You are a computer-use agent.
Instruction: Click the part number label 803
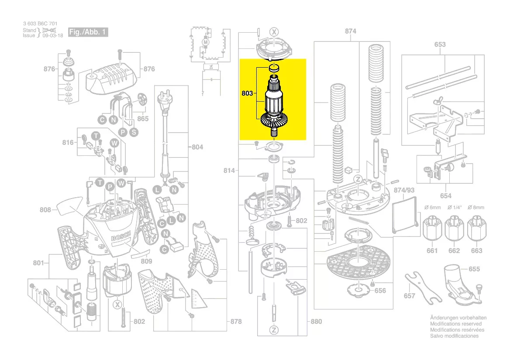[x=247, y=93]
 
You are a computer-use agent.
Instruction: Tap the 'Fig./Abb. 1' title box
[x=88, y=32]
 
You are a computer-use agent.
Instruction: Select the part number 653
[x=440, y=45]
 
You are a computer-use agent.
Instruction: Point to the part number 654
[x=445, y=196]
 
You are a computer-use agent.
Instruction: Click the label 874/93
[x=403, y=190]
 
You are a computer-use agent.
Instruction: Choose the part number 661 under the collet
[x=432, y=250]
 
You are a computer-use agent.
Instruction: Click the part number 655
[x=474, y=269]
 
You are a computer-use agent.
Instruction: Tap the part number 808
[x=45, y=210]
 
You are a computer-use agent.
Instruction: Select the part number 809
[x=146, y=261]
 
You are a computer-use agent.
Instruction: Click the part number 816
[x=68, y=142]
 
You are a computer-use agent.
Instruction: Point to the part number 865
[x=143, y=119]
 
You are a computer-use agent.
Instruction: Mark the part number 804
[x=197, y=147]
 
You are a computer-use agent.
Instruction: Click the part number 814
[x=230, y=170]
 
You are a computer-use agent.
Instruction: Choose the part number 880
[x=316, y=322]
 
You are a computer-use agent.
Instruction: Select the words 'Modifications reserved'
[x=456, y=324]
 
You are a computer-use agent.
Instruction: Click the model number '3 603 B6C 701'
[x=40, y=24]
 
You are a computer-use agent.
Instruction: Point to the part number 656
[x=380, y=290]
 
